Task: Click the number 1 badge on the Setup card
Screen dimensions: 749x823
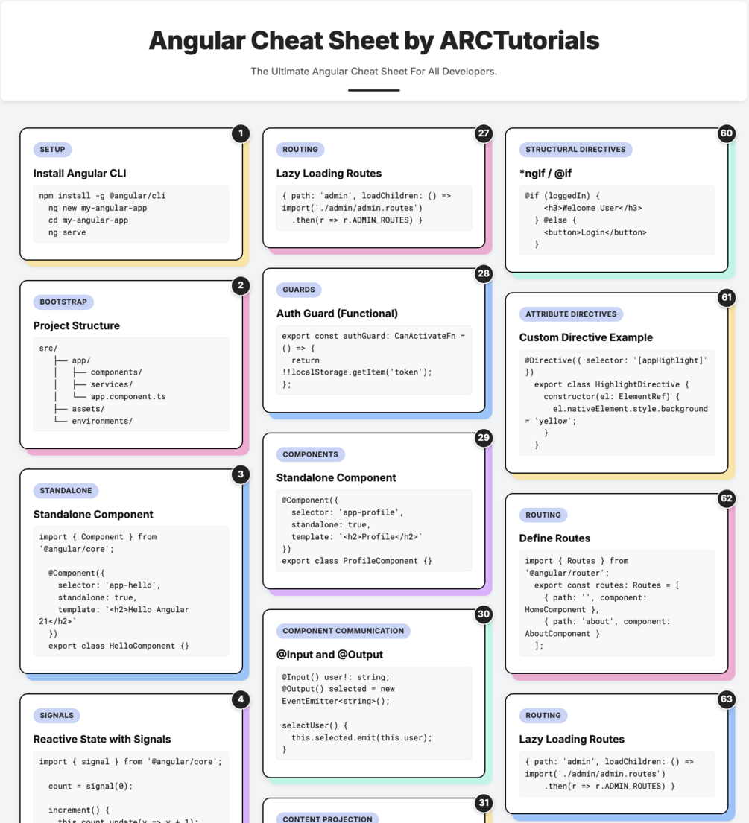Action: pyautogui.click(x=241, y=133)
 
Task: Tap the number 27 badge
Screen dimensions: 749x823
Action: pyautogui.click(x=483, y=133)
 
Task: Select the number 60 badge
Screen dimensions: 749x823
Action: pyautogui.click(x=727, y=133)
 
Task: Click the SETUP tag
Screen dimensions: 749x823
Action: pyautogui.click(x=52, y=150)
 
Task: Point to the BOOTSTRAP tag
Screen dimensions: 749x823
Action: pyautogui.click(x=63, y=302)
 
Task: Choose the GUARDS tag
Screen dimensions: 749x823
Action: pyautogui.click(x=299, y=290)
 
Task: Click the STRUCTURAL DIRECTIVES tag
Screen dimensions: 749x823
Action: pyautogui.click(x=575, y=150)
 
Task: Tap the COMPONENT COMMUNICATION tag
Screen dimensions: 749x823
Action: pyautogui.click(x=344, y=631)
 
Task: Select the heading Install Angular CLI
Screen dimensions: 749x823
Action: pyautogui.click(x=80, y=174)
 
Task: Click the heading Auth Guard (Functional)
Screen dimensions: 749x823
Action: pyautogui.click(x=337, y=314)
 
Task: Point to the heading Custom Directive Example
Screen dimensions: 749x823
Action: pyautogui.click(x=587, y=337)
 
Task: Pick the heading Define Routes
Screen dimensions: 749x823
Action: pyautogui.click(x=554, y=538)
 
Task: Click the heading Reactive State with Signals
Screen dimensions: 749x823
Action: pyautogui.click(x=102, y=739)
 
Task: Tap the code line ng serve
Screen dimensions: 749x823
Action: pyautogui.click(x=67, y=232)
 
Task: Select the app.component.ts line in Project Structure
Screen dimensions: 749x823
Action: pyautogui.click(x=128, y=397)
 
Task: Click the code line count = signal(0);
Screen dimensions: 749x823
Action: pyautogui.click(x=90, y=787)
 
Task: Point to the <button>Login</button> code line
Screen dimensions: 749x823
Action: pyautogui.click(x=595, y=232)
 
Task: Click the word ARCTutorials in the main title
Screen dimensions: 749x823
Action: pyautogui.click(x=519, y=41)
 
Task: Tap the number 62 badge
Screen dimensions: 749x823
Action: pyautogui.click(x=727, y=498)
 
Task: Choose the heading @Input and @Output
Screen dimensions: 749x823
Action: pyautogui.click(x=330, y=655)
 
